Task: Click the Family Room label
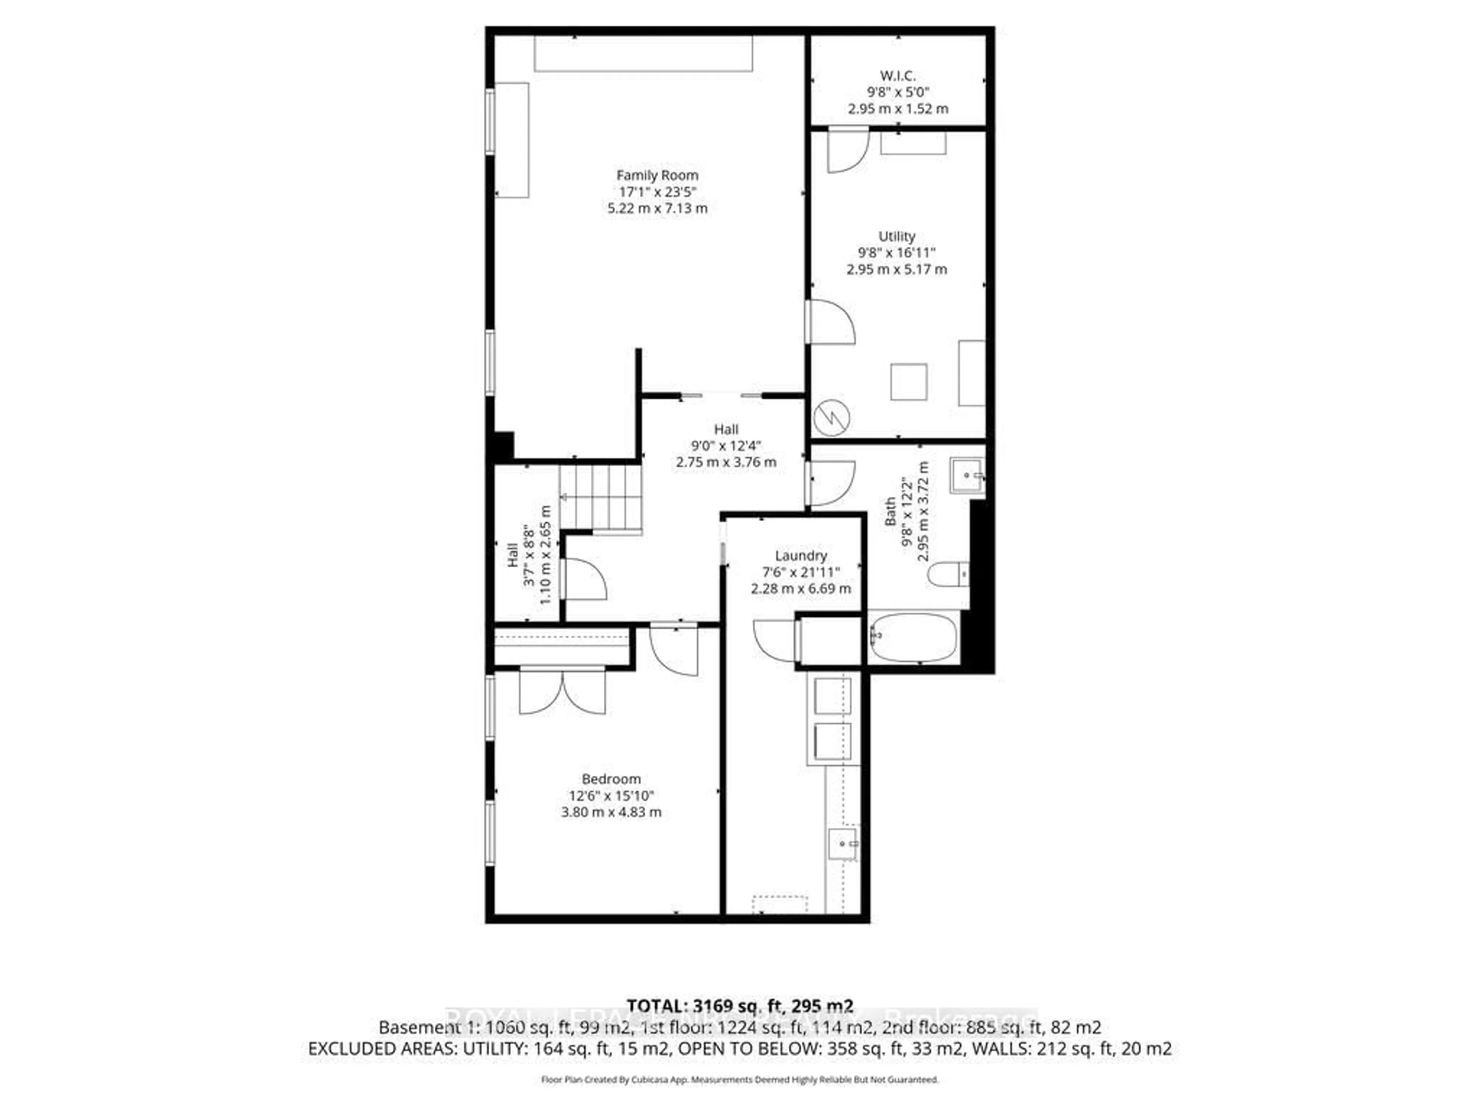(657, 175)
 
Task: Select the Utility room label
(896, 236)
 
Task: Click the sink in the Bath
(967, 475)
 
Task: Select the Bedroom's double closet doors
(563, 691)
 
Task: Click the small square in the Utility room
(908, 382)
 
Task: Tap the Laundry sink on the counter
(843, 844)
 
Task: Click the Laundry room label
(801, 555)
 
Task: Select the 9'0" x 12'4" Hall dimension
(726, 446)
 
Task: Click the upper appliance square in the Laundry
(832, 696)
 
